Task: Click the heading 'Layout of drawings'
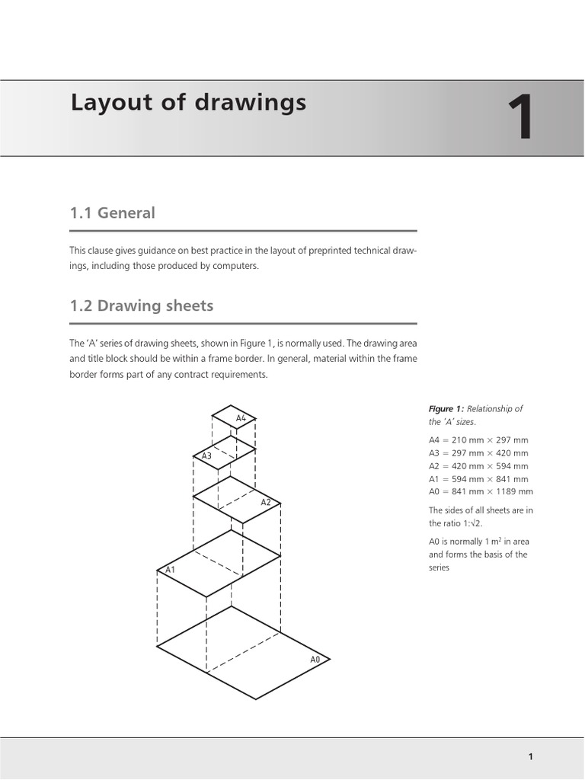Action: point(188,102)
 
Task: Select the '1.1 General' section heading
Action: point(112,213)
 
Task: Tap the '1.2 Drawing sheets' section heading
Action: point(142,306)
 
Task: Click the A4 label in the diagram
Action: point(241,418)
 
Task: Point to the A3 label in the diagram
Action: point(206,456)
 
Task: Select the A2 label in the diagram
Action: point(266,503)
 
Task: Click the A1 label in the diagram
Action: point(170,570)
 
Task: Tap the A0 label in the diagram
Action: point(315,659)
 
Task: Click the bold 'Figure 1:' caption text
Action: point(446,409)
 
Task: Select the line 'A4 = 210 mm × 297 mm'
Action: point(478,440)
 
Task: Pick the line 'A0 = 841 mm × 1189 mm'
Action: point(481,492)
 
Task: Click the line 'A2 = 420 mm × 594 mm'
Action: point(478,466)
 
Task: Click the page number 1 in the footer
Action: point(530,756)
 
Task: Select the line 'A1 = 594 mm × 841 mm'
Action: point(478,479)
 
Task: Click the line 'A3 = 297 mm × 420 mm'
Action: point(478,453)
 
